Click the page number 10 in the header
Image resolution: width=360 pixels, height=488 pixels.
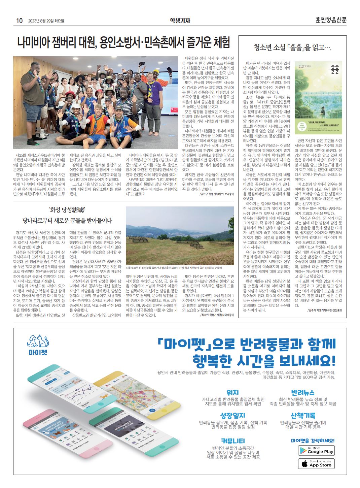click(x=19, y=21)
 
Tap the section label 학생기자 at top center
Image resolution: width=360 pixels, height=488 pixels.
click(x=180, y=21)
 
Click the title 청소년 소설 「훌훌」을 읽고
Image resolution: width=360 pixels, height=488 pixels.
click(x=292, y=48)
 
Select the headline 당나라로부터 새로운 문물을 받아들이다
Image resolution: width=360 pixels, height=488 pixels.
click(x=67, y=221)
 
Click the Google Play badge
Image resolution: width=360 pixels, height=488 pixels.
click(x=316, y=450)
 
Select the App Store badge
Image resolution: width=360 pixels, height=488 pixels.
click(x=316, y=464)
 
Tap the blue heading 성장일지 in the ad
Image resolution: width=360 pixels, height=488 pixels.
click(x=232, y=416)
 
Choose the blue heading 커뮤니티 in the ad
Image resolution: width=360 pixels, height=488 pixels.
click(x=233, y=441)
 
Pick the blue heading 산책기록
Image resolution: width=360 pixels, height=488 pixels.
click(x=303, y=416)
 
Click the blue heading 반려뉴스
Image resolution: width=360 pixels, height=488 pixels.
click(x=303, y=393)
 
